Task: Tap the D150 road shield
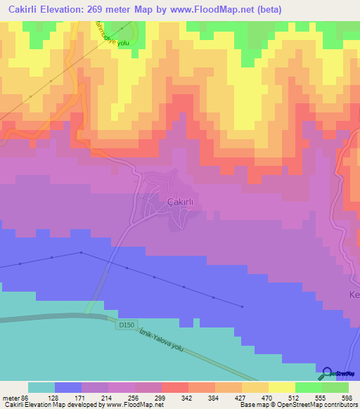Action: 127,325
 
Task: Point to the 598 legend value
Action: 346,397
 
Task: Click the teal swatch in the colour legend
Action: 41,387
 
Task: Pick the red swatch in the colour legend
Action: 174,387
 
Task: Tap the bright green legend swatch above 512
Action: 308,387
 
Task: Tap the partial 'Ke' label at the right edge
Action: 354,295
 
